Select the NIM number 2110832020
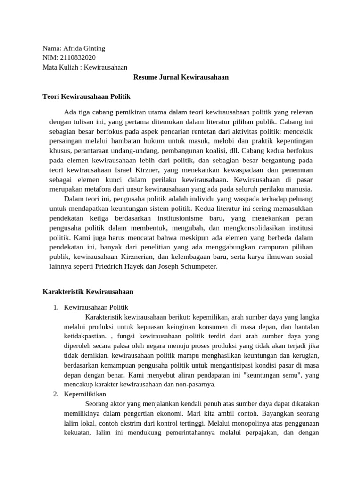76,58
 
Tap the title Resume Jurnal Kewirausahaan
181,77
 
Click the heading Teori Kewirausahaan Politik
86,96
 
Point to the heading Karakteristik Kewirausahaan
88,292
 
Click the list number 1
55,307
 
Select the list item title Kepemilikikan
85,394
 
